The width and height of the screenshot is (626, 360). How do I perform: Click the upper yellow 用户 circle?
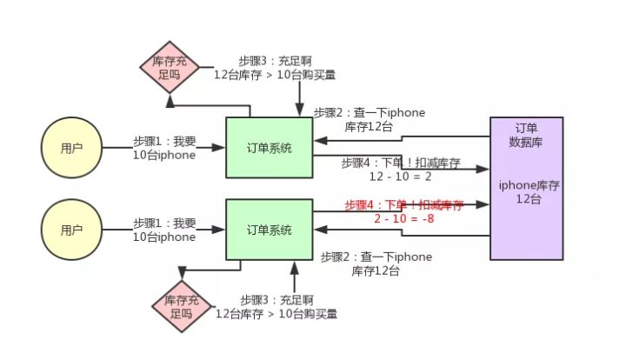tap(71, 148)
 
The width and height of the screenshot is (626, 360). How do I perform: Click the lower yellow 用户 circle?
tap(71, 230)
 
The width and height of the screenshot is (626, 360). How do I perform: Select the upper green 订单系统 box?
tap(269, 148)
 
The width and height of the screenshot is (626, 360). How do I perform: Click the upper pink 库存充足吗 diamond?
tap(170, 68)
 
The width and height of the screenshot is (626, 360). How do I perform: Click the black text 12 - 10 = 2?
tap(401, 176)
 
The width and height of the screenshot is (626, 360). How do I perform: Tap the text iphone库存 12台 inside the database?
tap(527, 191)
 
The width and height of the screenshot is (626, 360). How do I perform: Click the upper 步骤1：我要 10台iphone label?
tap(164, 148)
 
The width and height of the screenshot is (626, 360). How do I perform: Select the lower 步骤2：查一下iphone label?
tap(376, 257)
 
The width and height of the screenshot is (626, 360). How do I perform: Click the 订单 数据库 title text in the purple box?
tap(527, 136)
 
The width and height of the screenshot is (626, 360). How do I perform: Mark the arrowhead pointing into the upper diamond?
tap(170, 101)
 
